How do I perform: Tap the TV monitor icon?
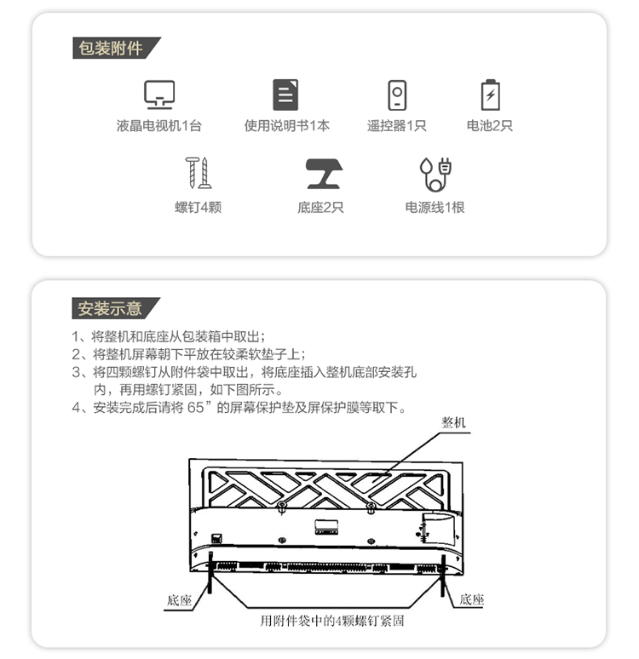pyautogui.click(x=159, y=94)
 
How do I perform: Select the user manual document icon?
pyautogui.click(x=285, y=94)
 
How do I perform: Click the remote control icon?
pyautogui.click(x=397, y=94)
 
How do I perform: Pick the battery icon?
pyautogui.click(x=490, y=94)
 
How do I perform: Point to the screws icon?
pyautogui.click(x=198, y=173)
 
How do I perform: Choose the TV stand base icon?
pyautogui.click(x=324, y=174)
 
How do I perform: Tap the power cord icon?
pyautogui.click(x=435, y=174)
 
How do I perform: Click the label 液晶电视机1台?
pyautogui.click(x=159, y=126)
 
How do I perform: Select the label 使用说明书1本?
pyautogui.click(x=287, y=126)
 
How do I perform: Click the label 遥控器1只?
pyautogui.click(x=397, y=126)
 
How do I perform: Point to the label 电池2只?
pyautogui.click(x=490, y=126)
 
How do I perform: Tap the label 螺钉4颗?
pyautogui.click(x=198, y=207)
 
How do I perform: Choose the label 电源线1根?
pyautogui.click(x=435, y=207)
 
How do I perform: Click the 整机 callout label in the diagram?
pyautogui.click(x=455, y=422)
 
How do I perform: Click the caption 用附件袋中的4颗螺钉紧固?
pyautogui.click(x=331, y=621)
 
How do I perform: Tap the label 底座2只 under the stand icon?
pyautogui.click(x=320, y=207)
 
